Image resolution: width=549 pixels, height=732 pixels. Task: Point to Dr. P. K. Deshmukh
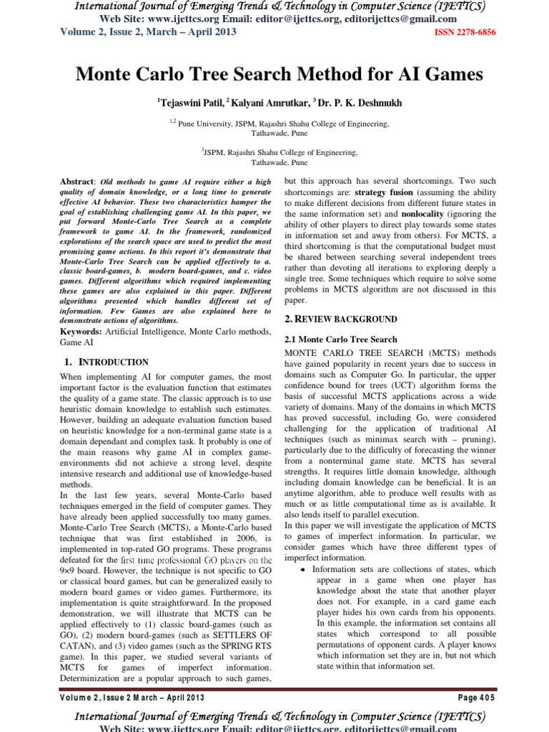364,103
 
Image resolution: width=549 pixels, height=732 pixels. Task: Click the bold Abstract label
76,183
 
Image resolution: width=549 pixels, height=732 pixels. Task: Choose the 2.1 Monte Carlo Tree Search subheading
341,340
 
